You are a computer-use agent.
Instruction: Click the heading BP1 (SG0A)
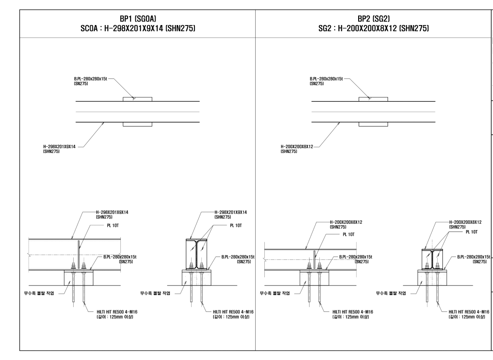coord(137,18)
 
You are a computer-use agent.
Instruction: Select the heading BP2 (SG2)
coord(373,18)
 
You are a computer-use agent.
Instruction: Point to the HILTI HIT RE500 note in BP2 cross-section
coord(467,314)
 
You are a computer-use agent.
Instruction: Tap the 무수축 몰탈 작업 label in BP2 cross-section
coord(392,292)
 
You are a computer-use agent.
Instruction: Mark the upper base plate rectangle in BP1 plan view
coord(137,99)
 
